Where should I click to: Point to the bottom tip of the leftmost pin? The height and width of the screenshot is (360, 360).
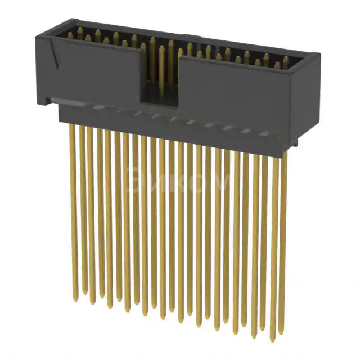[x=75, y=299]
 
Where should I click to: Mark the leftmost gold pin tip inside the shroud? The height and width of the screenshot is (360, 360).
[x=70, y=35]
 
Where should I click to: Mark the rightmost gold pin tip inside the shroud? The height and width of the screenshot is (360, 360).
[x=286, y=60]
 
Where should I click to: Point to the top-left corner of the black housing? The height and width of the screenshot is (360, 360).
[x=35, y=33]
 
